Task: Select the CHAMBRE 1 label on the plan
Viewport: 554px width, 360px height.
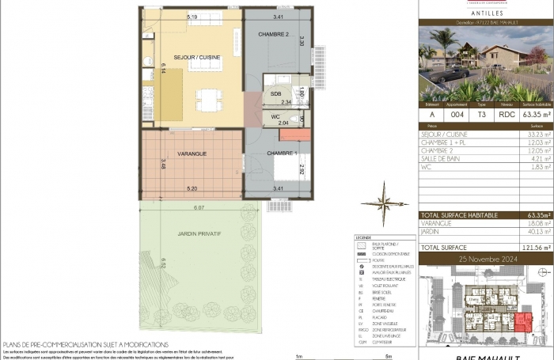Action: point(282,153)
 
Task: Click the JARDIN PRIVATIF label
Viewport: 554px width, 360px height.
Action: point(199,234)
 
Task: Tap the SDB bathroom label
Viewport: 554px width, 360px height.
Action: point(276,94)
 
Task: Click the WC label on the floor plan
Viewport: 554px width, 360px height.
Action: point(276,117)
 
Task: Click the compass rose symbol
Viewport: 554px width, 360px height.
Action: point(385,203)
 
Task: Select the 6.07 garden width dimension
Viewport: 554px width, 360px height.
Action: point(199,208)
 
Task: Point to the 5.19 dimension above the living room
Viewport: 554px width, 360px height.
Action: point(192,16)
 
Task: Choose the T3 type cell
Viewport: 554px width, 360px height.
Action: point(483,113)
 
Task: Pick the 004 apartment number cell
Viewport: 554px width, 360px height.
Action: point(457,113)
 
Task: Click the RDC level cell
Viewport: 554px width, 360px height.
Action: point(507,113)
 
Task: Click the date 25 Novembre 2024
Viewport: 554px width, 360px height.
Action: point(484,259)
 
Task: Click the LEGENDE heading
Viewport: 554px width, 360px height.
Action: point(363,237)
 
